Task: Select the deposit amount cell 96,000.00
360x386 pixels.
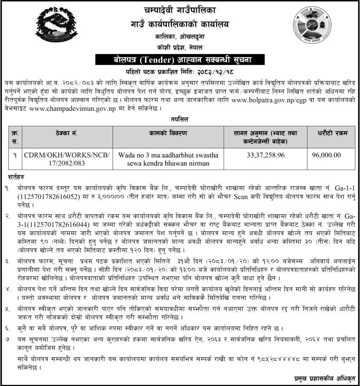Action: pyautogui.click(x=326, y=155)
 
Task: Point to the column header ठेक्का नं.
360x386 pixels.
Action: pyautogui.click(x=66, y=133)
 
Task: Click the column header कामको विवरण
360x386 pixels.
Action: pyautogui.click(x=167, y=133)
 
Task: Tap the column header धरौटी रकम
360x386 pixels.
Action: pyautogui.click(x=332, y=133)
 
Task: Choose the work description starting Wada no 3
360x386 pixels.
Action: pyautogui.click(x=167, y=159)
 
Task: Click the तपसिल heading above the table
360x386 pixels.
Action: pyautogui.click(x=180, y=120)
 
